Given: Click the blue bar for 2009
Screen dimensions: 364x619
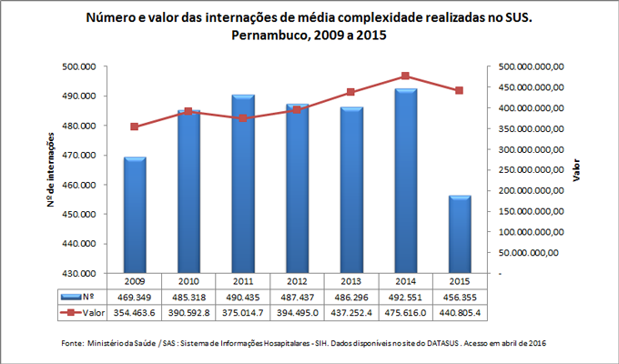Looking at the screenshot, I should point(135,215).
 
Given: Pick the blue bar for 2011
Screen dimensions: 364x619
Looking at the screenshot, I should point(243,183).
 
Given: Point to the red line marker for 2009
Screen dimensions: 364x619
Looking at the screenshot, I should point(135,126).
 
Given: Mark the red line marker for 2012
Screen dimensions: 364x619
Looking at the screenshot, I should point(297,109).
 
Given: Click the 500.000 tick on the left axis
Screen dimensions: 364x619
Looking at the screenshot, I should point(80,66).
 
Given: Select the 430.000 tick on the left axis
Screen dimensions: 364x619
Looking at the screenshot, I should point(80,273).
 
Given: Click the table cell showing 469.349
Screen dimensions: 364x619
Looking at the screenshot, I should point(135,297).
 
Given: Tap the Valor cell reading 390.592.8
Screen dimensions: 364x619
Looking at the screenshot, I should point(188,312).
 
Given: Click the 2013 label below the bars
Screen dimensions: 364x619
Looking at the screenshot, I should point(350,281).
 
